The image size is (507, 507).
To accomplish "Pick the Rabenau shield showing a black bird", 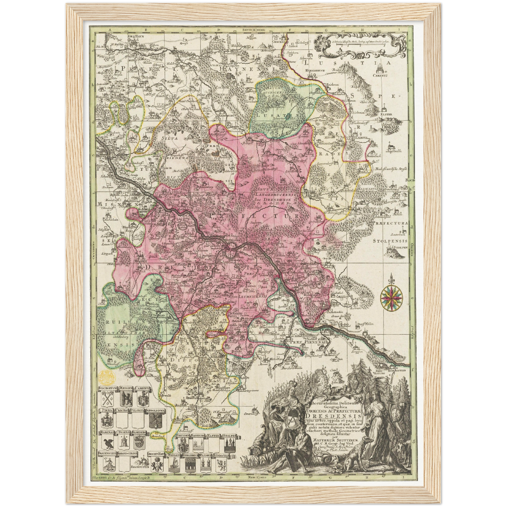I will [107, 442].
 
